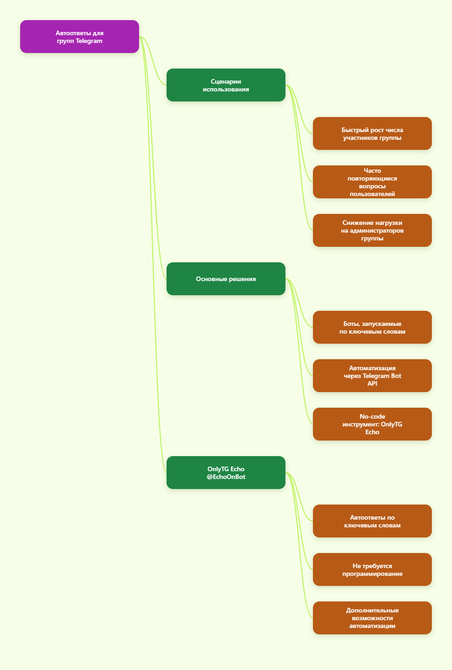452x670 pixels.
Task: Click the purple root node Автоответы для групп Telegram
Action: tap(80, 37)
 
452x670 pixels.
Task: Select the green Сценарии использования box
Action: tap(226, 85)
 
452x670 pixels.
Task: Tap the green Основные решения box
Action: tap(226, 279)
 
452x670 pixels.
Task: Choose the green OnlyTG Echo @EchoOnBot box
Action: tap(226, 473)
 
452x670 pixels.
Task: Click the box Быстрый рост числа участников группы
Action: tap(372, 133)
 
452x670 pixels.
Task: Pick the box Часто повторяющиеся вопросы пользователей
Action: tap(372, 182)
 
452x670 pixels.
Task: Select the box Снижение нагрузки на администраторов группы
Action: tap(372, 230)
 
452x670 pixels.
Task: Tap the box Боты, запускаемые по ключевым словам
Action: tap(372, 327)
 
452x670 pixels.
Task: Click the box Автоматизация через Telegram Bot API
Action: tap(372, 376)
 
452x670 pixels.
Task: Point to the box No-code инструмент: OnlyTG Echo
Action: tap(372, 424)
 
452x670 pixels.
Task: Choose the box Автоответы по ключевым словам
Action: tap(372, 521)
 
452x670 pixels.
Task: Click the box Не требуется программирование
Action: tap(372, 569)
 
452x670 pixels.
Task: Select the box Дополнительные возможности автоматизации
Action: tap(372, 618)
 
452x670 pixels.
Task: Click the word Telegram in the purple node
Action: tap(89, 41)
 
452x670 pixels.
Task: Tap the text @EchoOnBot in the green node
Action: tap(226, 477)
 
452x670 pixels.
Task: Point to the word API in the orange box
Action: tap(372, 383)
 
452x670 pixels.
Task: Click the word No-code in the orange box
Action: tap(372, 416)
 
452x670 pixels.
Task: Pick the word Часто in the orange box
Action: tap(372, 170)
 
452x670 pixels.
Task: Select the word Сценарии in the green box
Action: tap(226, 82)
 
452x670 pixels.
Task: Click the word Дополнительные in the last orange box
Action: tap(372, 610)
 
